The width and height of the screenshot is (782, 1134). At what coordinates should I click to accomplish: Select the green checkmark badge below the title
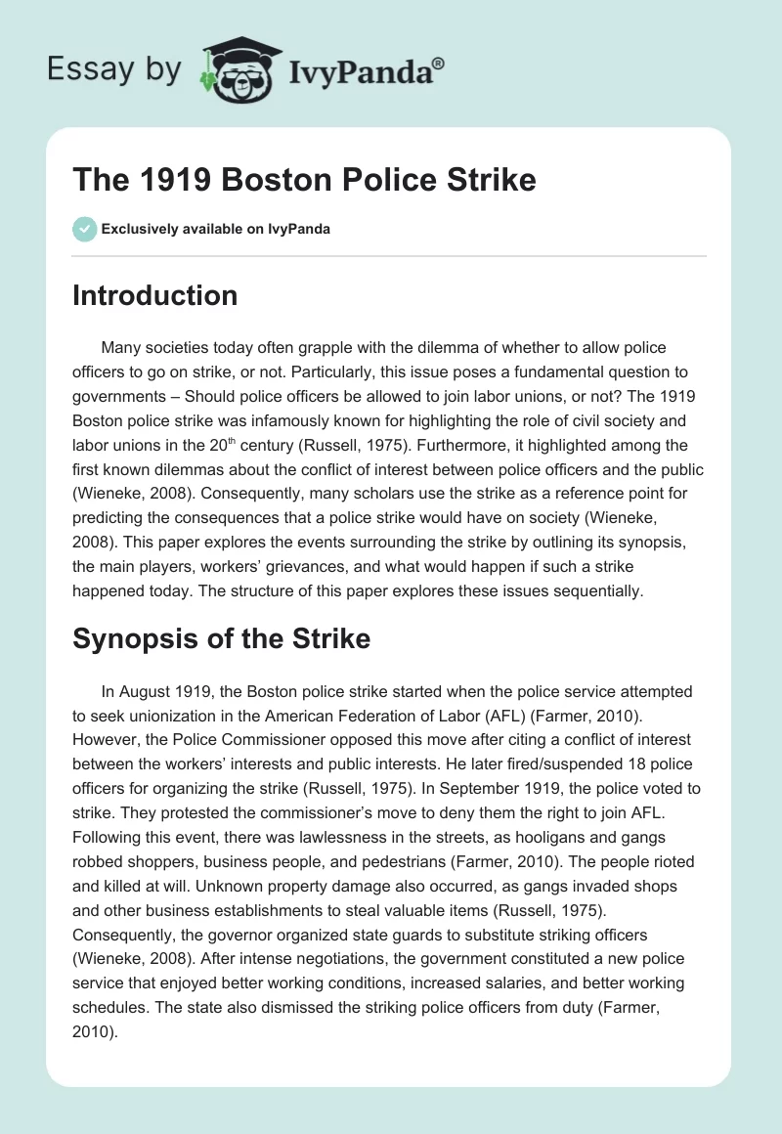pyautogui.click(x=84, y=229)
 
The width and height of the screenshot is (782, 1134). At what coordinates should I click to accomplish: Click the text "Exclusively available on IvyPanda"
pyautogui.click(x=215, y=230)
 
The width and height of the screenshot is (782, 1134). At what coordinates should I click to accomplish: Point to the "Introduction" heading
pyautogui.click(x=154, y=295)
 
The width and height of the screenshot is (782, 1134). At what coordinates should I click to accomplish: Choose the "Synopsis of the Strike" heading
pyautogui.click(x=221, y=639)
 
